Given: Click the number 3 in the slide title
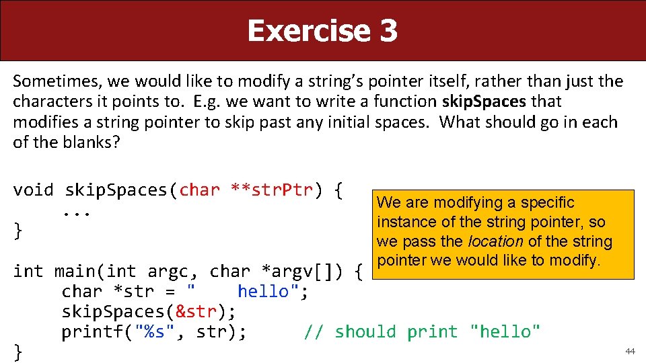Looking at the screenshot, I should (387, 31).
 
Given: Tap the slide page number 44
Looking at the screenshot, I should (630, 351).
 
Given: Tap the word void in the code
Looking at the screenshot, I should (33, 190).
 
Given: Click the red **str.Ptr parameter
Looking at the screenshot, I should (272, 190).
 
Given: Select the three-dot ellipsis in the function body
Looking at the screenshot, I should (77, 210).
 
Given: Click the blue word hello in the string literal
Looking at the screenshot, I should (263, 292).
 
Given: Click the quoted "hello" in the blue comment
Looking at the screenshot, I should (505, 332).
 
